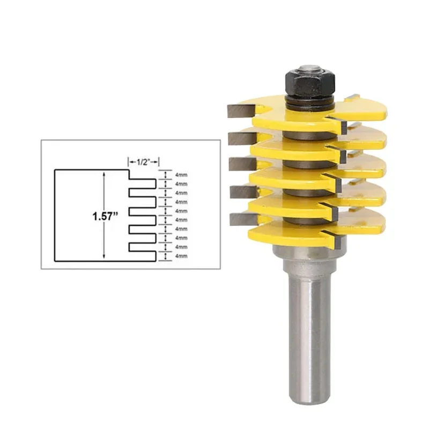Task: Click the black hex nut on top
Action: tap(310, 83)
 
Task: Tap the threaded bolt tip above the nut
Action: tap(310, 68)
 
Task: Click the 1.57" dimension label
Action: tap(105, 217)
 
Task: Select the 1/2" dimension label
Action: tap(143, 162)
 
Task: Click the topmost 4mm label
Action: tap(181, 175)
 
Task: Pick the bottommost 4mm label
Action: tap(181, 256)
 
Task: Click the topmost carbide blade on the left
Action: tap(241, 111)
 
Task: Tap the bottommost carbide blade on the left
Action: tap(243, 220)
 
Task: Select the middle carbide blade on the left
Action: tap(242, 164)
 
